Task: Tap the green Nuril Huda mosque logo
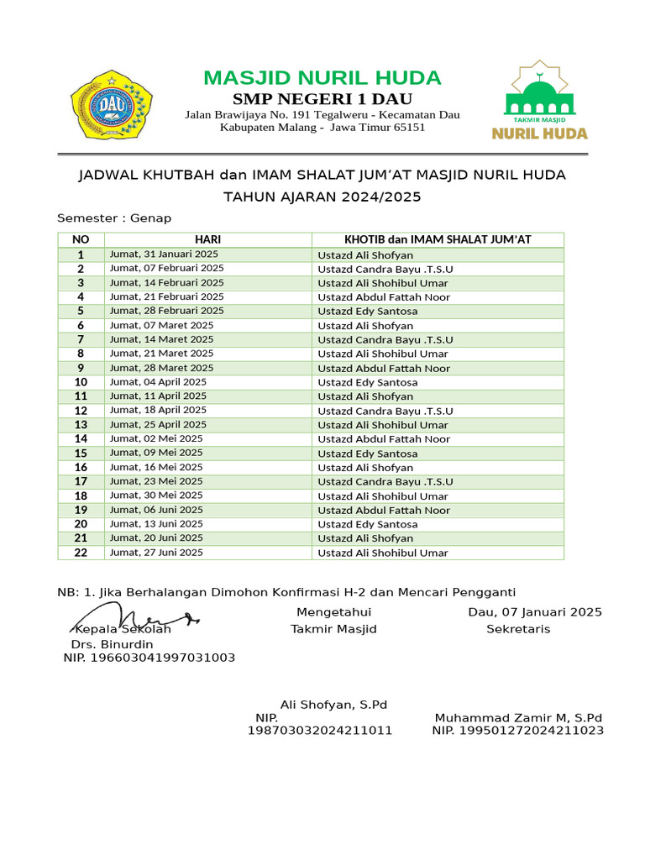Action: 540,100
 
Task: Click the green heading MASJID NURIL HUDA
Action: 322,78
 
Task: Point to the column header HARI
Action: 207,239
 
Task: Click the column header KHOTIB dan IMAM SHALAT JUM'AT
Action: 438,239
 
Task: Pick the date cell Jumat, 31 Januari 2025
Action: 164,254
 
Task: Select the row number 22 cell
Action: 81,553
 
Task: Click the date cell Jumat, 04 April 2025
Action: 158,382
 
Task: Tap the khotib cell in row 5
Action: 367,312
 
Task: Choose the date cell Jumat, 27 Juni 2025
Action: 156,553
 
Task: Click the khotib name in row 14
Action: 384,439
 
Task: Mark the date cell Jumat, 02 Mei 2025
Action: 156,439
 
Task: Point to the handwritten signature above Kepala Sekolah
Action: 134,619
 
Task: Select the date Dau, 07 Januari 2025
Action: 534,612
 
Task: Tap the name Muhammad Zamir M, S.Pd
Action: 518,718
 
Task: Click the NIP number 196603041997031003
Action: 149,658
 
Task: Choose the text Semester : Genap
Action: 114,218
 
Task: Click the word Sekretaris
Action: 518,629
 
